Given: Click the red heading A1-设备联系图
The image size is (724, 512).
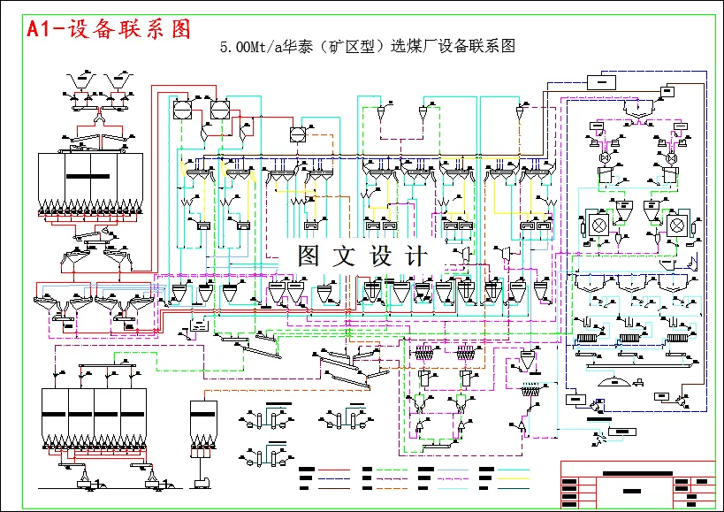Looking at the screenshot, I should (109, 29).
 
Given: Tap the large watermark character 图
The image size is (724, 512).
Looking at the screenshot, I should (309, 256).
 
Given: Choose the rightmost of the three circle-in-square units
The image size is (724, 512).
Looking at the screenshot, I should (297, 134).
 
